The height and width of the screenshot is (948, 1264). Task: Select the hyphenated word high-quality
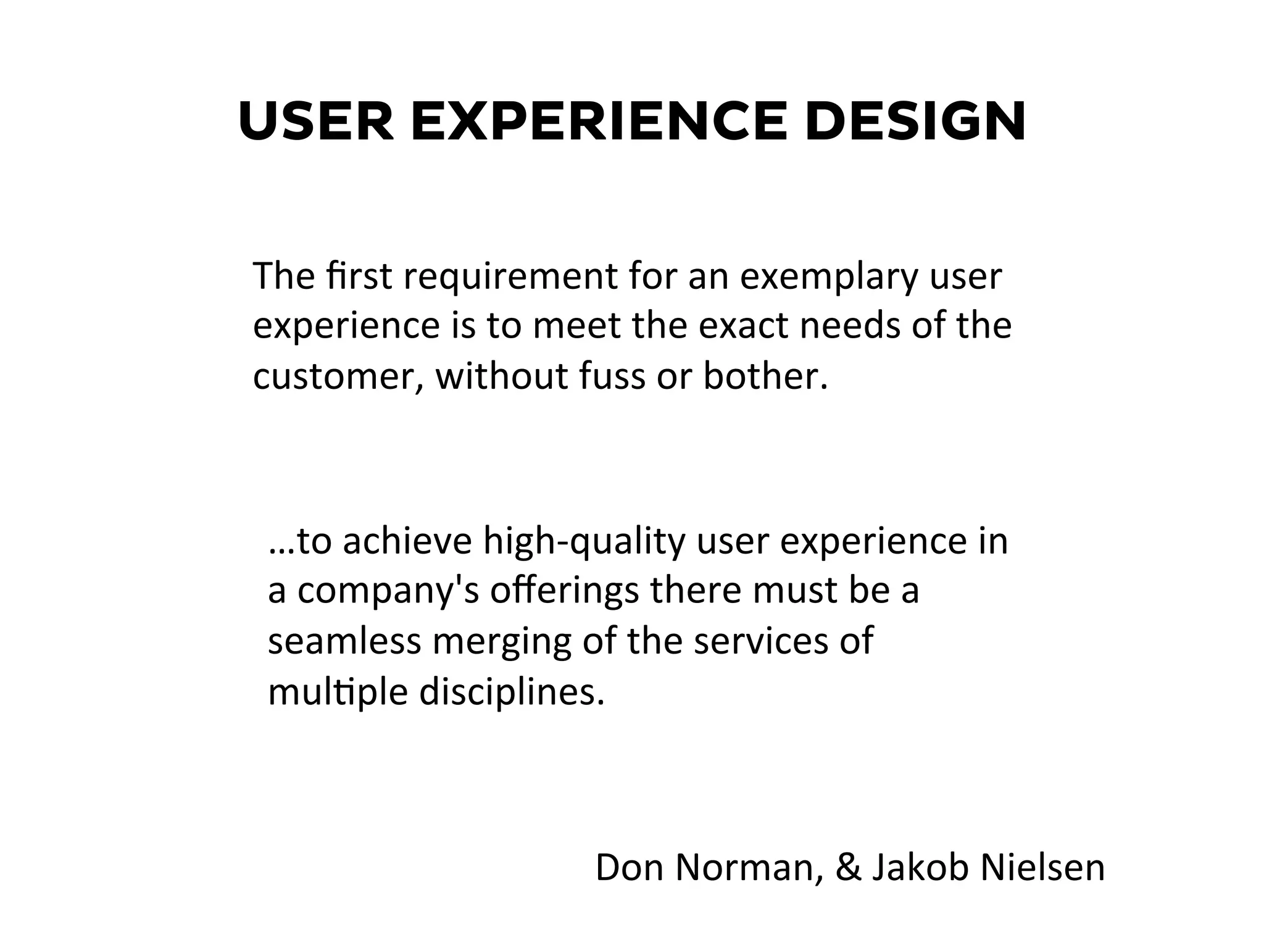tap(584, 542)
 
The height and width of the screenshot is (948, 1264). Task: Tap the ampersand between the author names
tap(848, 868)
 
